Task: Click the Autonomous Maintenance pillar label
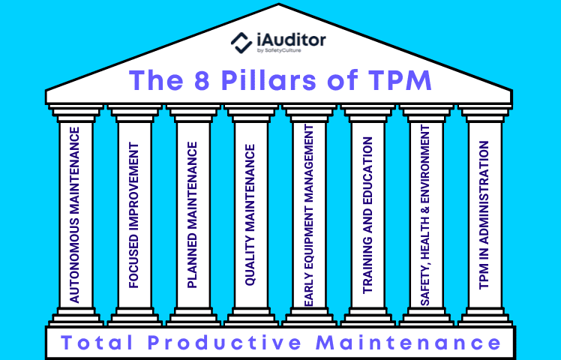click(75, 215)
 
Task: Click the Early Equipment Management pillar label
click(309, 215)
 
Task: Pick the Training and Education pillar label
click(367, 215)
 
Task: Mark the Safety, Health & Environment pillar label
click(426, 215)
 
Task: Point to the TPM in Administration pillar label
click(484, 215)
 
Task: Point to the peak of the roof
click(280, 7)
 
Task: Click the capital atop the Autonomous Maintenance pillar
click(75, 113)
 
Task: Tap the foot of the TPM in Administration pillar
click(484, 318)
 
